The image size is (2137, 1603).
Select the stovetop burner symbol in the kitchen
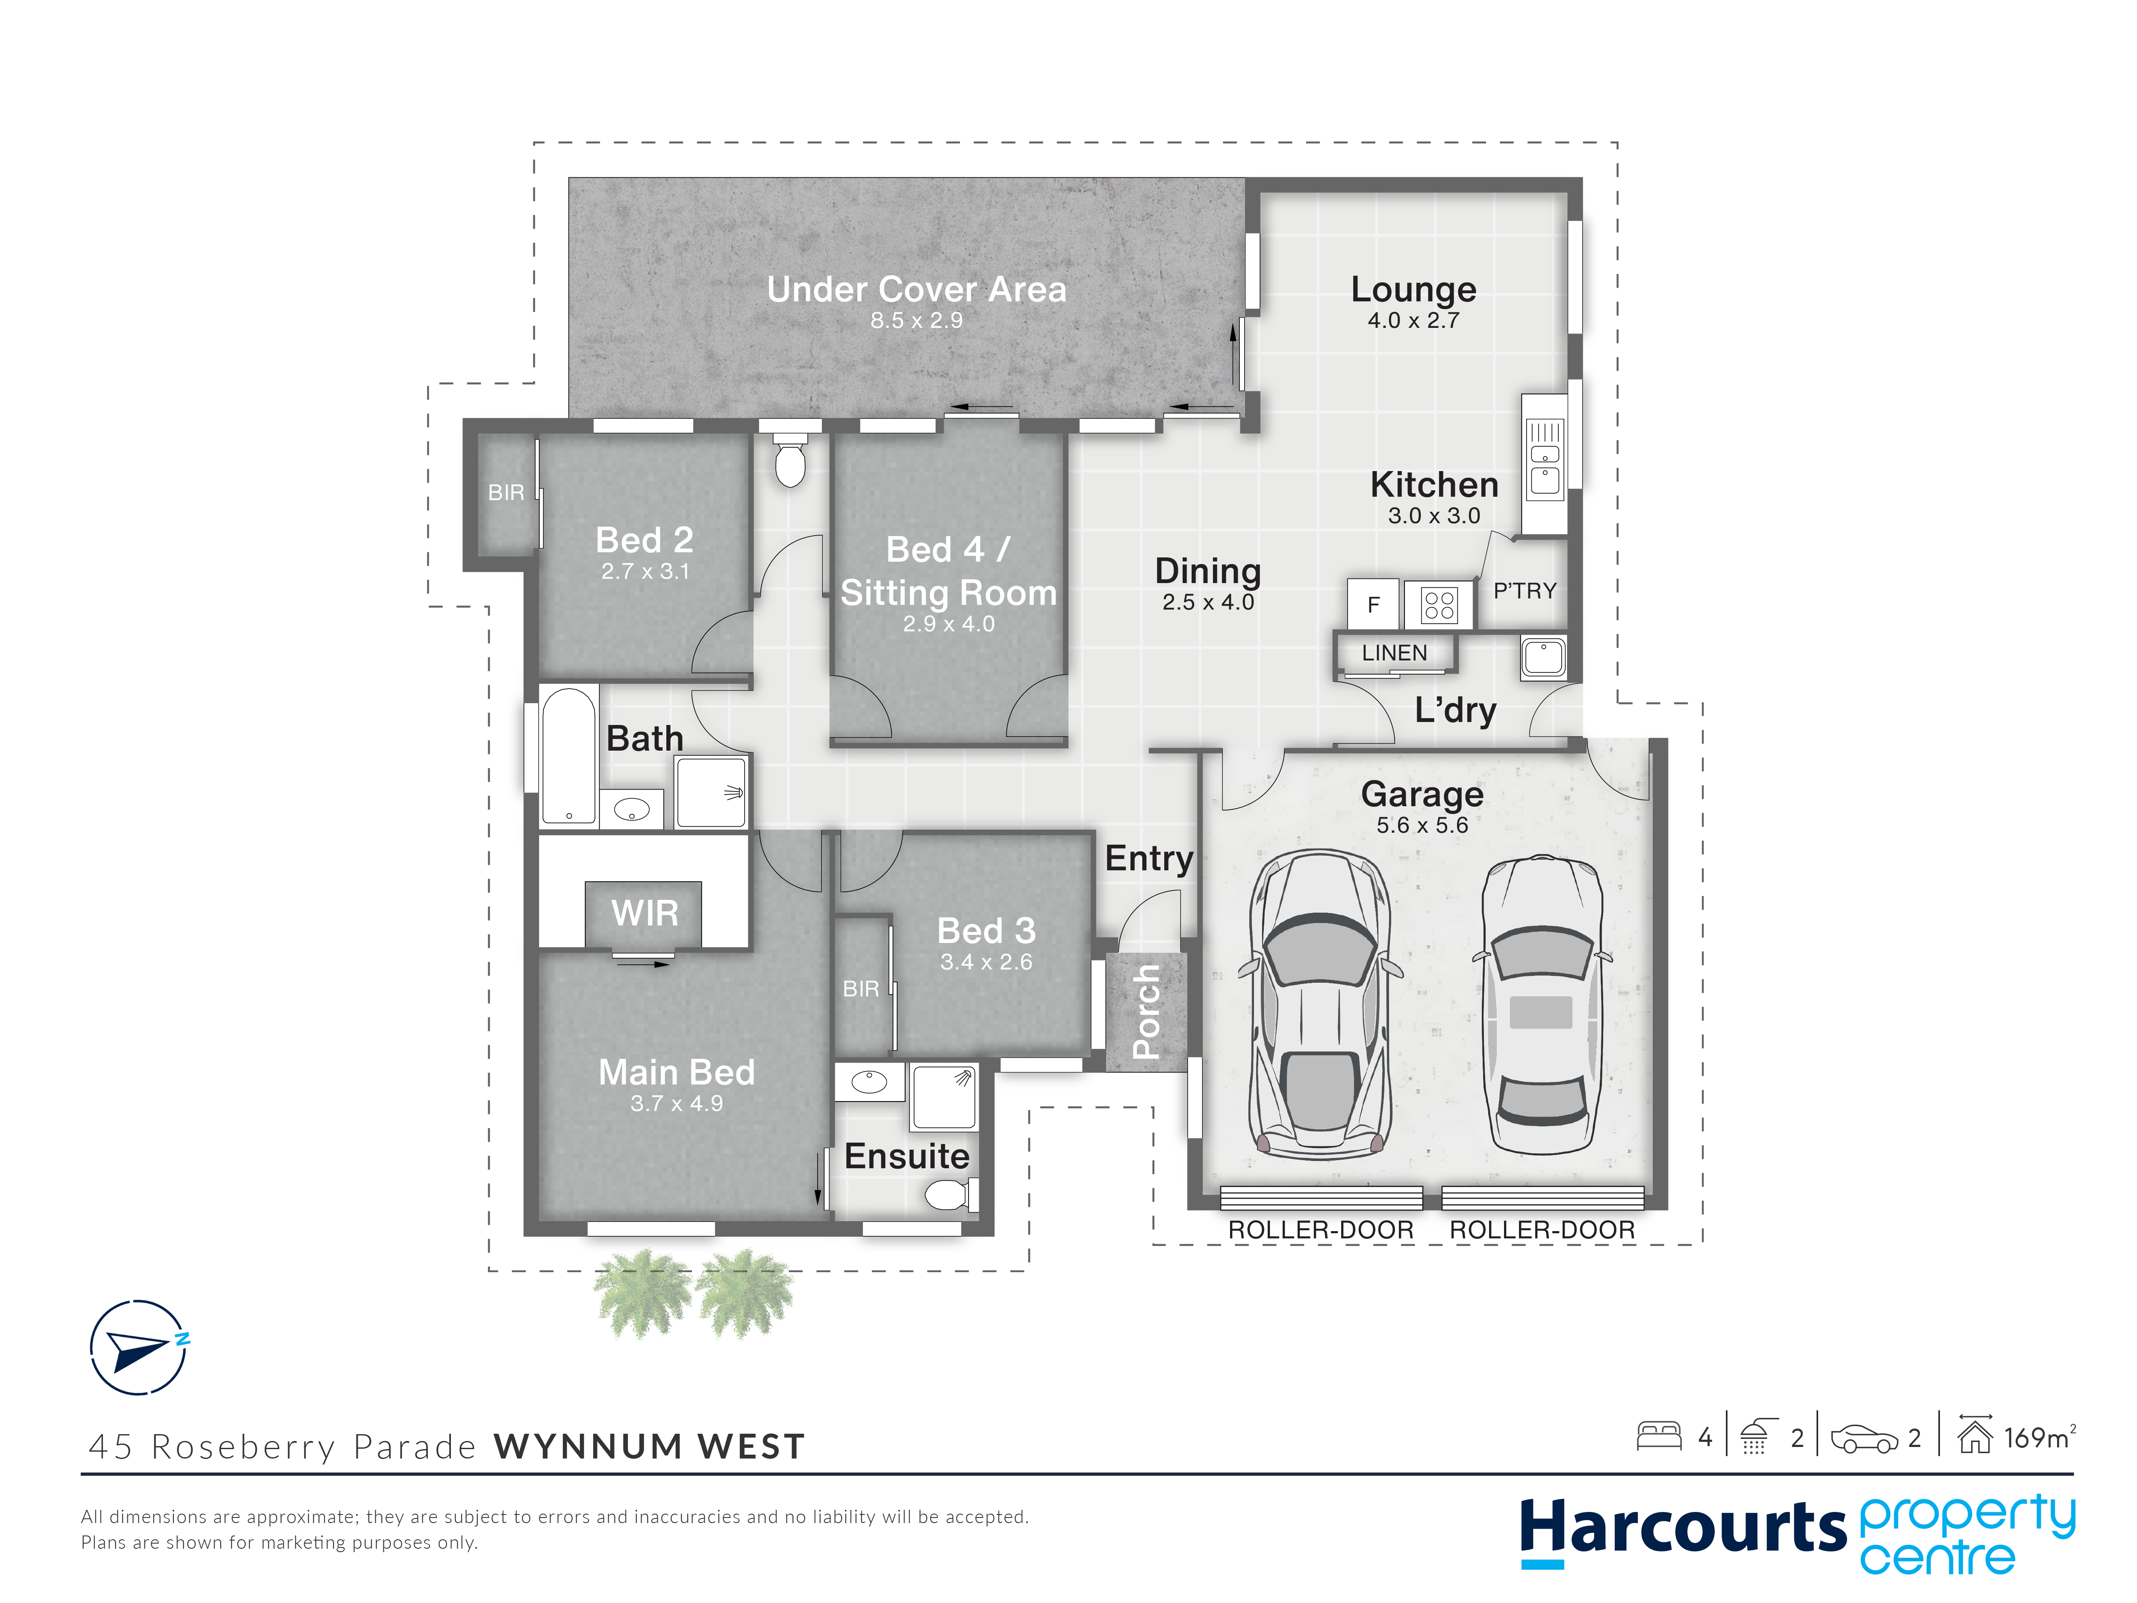(1439, 605)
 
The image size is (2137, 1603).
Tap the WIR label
(645, 913)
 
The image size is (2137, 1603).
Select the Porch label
(1146, 1012)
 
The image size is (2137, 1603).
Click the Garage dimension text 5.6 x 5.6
(1422, 825)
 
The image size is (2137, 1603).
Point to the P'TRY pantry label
(1525, 590)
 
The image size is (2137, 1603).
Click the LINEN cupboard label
(1394, 653)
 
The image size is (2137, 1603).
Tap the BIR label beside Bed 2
(506, 493)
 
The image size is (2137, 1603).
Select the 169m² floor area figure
(2038, 1438)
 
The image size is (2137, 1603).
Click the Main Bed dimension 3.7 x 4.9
(676, 1103)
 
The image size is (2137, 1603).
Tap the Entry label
(1149, 858)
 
